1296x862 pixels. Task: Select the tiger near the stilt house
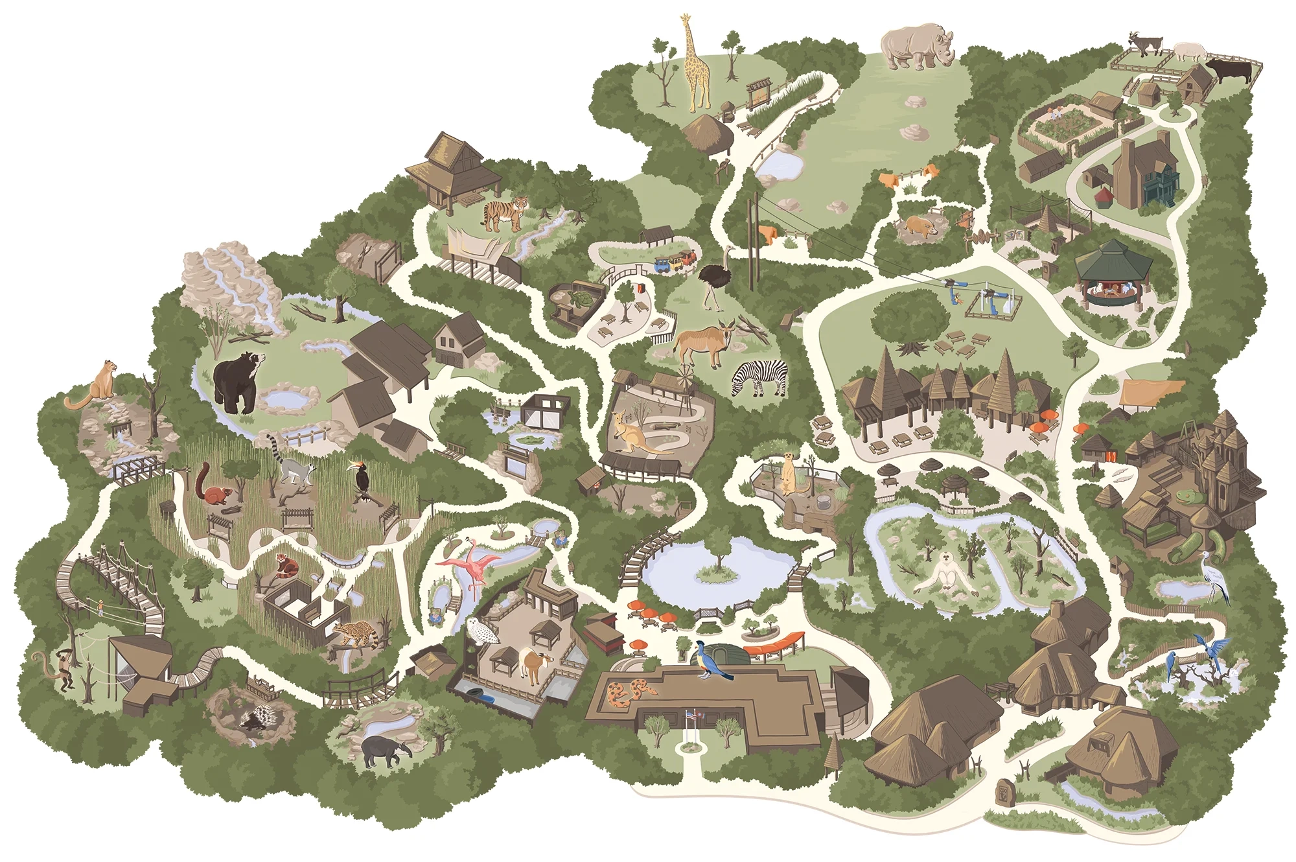tap(505, 214)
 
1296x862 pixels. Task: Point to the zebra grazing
tap(761, 377)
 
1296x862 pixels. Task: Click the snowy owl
tap(481, 631)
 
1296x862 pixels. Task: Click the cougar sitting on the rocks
tap(96, 388)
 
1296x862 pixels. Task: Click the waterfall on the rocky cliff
tap(230, 279)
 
